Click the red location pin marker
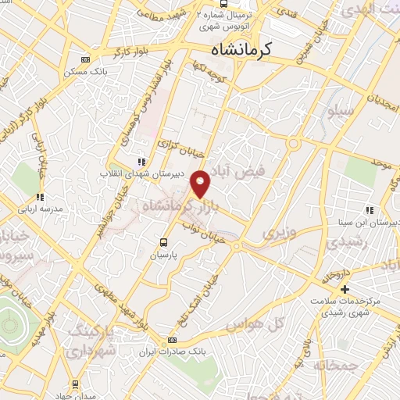tap(201, 184)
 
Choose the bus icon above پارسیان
tap(163, 241)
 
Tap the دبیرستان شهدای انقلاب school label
tap(141, 173)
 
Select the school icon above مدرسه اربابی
tap(40, 197)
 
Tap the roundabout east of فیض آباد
tap(295, 143)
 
